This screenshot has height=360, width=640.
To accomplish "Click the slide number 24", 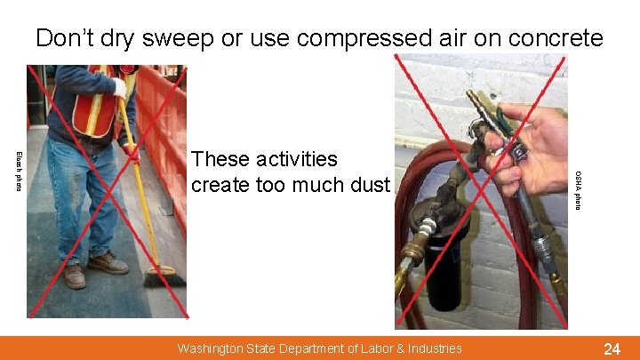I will pos(612,348).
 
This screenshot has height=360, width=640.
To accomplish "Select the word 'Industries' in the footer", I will pos(433,348).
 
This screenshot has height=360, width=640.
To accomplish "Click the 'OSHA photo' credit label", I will pos(578,190).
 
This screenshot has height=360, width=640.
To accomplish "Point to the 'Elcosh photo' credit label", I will pos(18,172).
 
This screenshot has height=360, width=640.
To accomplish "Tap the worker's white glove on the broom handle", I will pos(119,87).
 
